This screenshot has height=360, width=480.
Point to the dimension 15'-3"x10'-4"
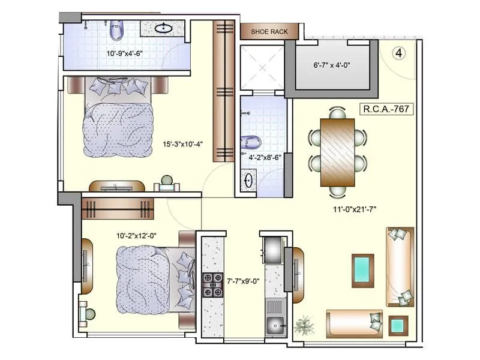point(183,144)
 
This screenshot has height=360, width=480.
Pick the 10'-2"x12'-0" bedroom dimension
point(136,236)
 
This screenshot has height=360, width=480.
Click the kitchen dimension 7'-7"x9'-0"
point(242,280)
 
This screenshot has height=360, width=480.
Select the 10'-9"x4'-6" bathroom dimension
point(128,53)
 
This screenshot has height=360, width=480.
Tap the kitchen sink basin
point(276,327)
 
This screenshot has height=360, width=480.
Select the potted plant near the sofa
point(305,325)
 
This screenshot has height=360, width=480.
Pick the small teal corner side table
point(398,326)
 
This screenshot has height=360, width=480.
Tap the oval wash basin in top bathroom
point(163,28)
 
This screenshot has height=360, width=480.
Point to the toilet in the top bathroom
point(116,28)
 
